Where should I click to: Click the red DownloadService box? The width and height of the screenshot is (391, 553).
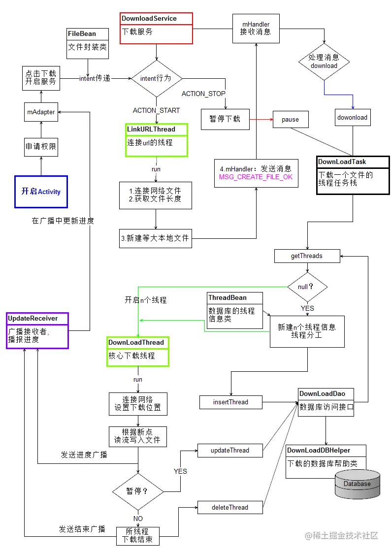click(156, 28)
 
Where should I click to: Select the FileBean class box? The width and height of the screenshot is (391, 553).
click(88, 43)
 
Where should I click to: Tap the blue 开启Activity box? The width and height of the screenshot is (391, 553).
click(41, 192)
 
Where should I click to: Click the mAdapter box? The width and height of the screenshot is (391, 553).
click(41, 112)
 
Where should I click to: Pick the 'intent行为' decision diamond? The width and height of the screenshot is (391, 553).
click(156, 79)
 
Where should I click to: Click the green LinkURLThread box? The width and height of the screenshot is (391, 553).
click(157, 140)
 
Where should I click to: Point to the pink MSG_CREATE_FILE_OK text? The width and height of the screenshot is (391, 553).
click(256, 177)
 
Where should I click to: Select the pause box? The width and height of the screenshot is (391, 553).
click(290, 119)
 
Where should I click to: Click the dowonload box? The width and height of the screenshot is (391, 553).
click(353, 118)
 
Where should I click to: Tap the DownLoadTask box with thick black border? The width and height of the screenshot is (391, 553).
click(353, 175)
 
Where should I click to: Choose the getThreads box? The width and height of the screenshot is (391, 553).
click(307, 256)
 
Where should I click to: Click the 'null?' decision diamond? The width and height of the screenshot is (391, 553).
click(307, 287)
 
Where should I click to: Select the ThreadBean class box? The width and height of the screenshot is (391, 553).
click(234, 311)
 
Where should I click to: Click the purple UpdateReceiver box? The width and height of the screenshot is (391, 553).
click(37, 330)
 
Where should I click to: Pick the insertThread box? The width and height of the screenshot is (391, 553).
click(230, 402)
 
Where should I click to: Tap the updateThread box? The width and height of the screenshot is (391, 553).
click(230, 450)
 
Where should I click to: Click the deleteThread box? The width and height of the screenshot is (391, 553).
click(230, 507)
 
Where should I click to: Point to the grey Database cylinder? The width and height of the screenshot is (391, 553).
click(357, 483)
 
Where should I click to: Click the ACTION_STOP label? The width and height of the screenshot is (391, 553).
click(203, 94)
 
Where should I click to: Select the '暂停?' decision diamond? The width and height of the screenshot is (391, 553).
click(138, 491)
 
